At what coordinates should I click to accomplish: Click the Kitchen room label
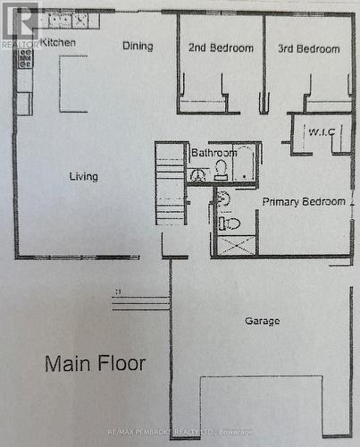coord(56,42)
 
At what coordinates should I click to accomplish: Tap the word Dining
coord(138,46)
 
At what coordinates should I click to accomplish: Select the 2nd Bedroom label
coord(220,48)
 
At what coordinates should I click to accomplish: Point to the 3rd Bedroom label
coord(308,48)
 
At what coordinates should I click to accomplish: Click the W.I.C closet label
coord(321,132)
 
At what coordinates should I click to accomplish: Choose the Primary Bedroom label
coord(304,201)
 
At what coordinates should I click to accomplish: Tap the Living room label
coord(83,176)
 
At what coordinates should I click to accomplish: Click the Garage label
coord(262,321)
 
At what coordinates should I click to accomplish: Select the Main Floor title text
coord(96,364)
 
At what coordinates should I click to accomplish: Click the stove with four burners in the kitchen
coord(25,59)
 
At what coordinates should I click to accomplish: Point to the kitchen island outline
coord(73,83)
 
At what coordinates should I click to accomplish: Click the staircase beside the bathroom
coord(170,184)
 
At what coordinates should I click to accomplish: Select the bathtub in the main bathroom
coord(244,164)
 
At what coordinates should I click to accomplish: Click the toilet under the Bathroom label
coord(221,169)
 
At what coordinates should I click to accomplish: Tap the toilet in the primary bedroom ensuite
coord(229,223)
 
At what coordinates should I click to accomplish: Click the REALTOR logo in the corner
coord(20,24)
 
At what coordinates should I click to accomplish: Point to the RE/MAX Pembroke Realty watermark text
coord(180,432)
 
